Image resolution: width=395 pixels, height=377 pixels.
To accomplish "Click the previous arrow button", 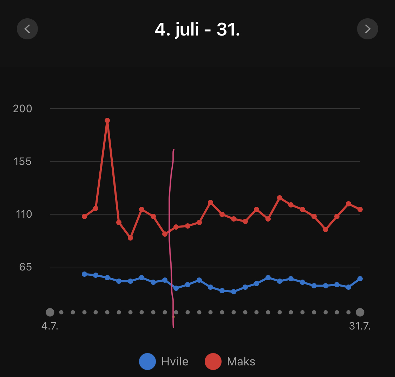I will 27,28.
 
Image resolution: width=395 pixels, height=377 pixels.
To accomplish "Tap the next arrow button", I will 367,28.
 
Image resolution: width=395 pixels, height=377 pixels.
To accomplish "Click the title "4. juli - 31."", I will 197,29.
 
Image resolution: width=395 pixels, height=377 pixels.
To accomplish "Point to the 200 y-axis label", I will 22,109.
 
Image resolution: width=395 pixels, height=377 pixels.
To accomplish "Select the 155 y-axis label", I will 22,161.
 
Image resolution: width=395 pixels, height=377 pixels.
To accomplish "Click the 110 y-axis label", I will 24,214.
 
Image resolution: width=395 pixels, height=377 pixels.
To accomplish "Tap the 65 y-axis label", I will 25,267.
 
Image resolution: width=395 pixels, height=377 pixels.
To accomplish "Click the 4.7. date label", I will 50,326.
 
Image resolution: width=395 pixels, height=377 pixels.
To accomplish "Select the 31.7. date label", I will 360,326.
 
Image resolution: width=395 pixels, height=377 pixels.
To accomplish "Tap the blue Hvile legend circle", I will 147,362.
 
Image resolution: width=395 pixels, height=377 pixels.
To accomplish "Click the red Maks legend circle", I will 213,362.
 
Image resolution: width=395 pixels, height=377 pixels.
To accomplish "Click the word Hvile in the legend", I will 175,362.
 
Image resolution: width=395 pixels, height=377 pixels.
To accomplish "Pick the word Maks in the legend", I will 241,362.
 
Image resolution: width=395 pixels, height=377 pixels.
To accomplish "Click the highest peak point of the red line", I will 107,121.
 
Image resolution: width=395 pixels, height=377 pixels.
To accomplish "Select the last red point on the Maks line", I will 360,210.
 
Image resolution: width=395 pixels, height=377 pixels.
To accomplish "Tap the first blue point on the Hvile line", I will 84,274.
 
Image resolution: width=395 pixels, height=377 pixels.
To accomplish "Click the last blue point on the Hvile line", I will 360,279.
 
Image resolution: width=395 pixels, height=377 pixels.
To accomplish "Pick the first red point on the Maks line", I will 84,216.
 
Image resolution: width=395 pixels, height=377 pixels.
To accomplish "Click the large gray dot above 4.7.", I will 50,312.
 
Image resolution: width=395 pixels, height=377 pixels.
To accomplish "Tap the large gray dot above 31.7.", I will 360,312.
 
